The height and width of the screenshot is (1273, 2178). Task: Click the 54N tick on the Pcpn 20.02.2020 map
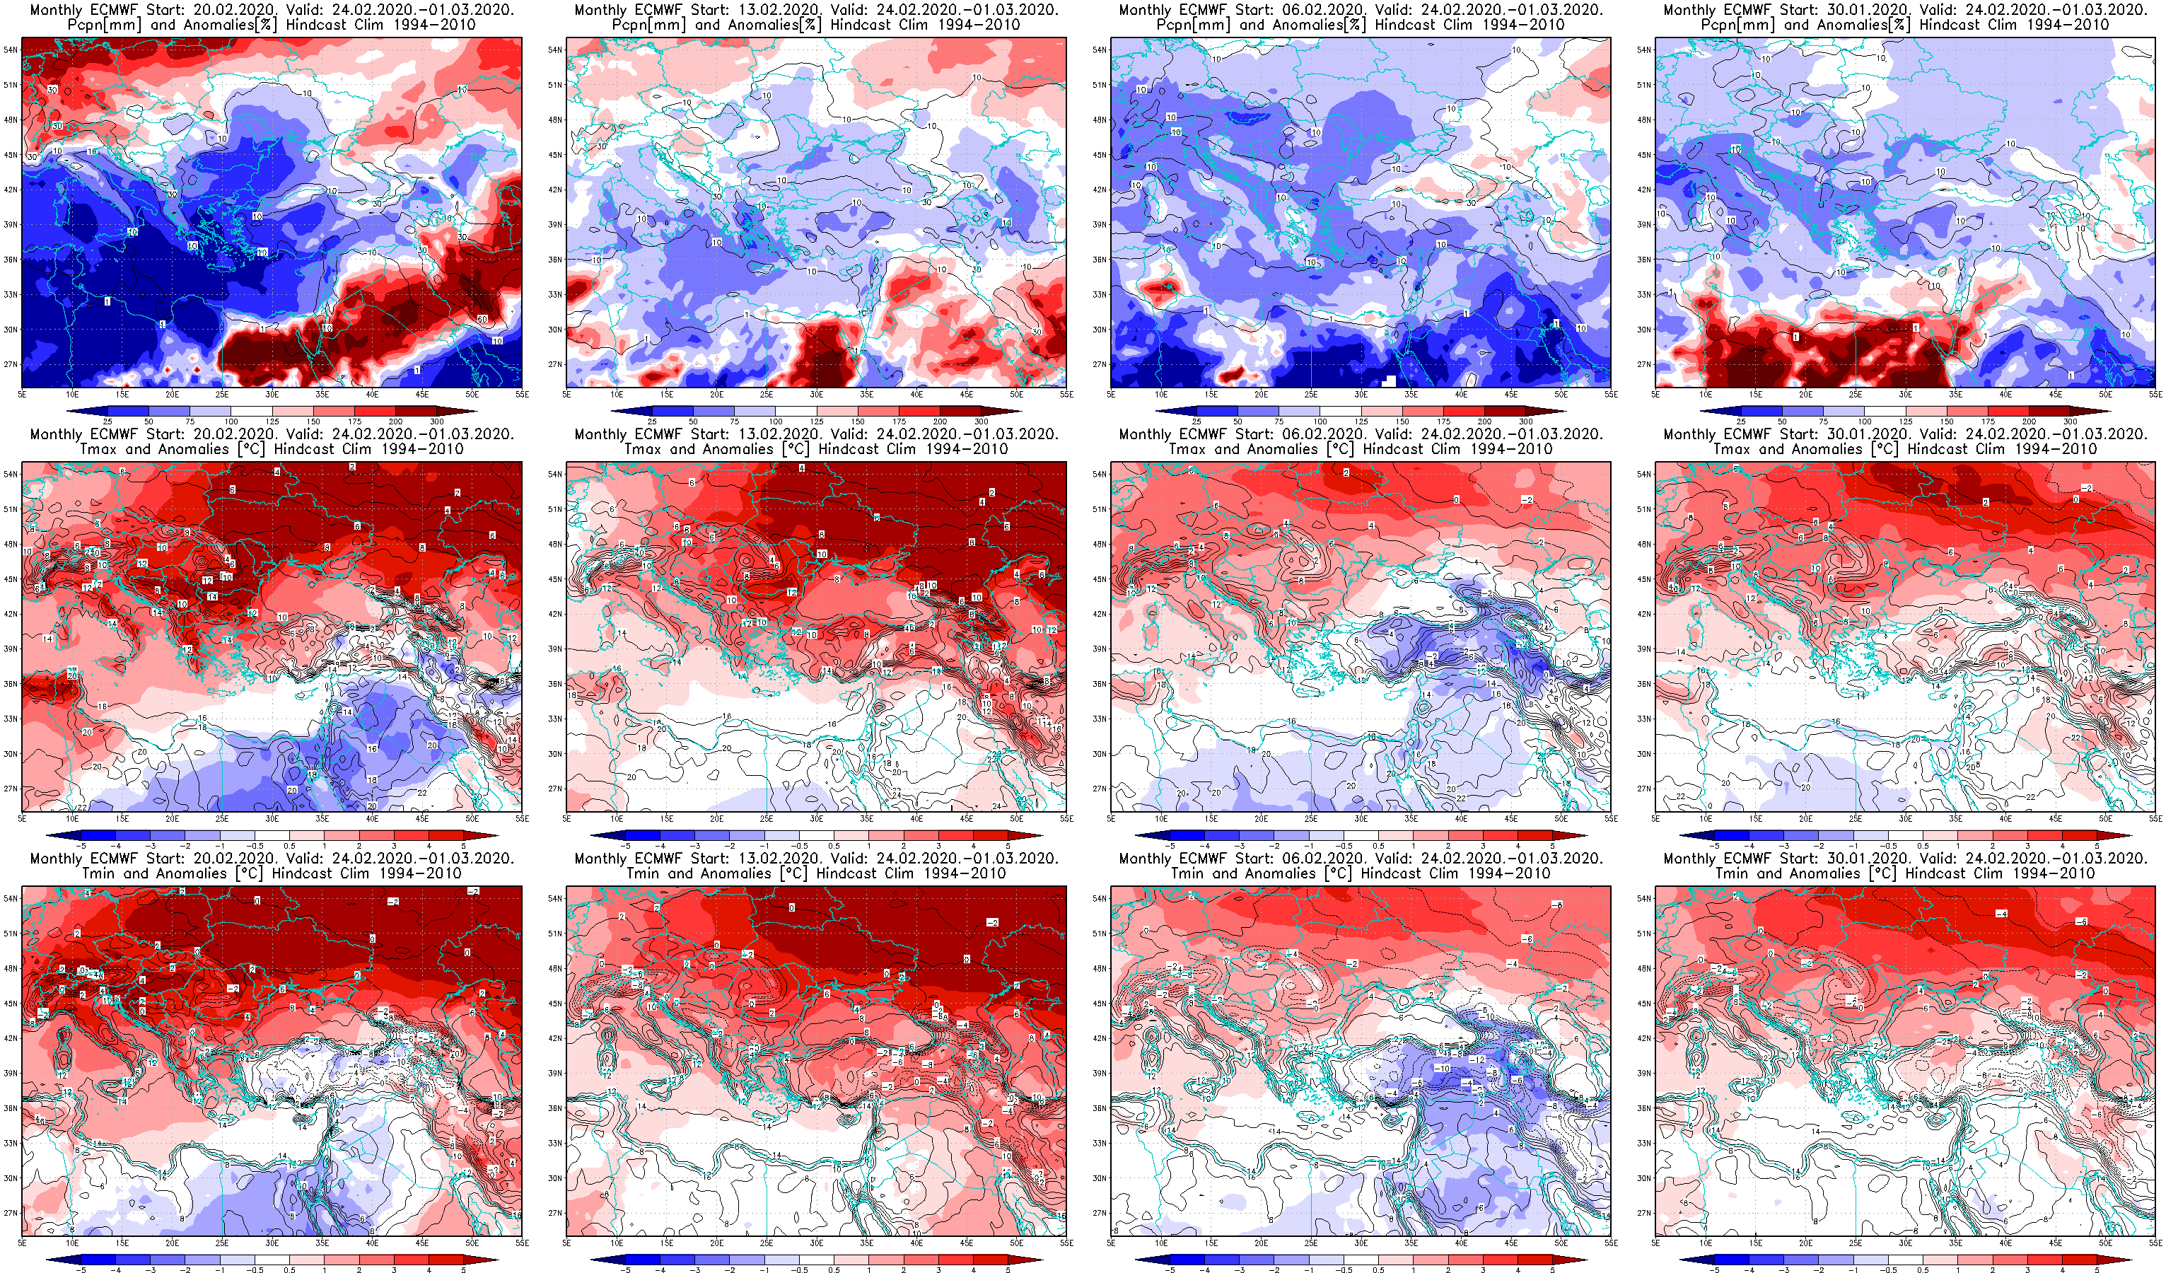(11, 50)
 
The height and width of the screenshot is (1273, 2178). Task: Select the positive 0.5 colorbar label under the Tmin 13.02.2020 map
(834, 1270)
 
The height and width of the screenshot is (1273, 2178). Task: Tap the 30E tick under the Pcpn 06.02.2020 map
(1361, 394)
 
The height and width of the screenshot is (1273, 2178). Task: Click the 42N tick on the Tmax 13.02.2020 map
(555, 615)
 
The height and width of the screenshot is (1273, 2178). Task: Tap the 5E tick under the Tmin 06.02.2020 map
(1112, 1243)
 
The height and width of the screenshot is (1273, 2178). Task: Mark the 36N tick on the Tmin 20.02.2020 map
(11, 1108)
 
